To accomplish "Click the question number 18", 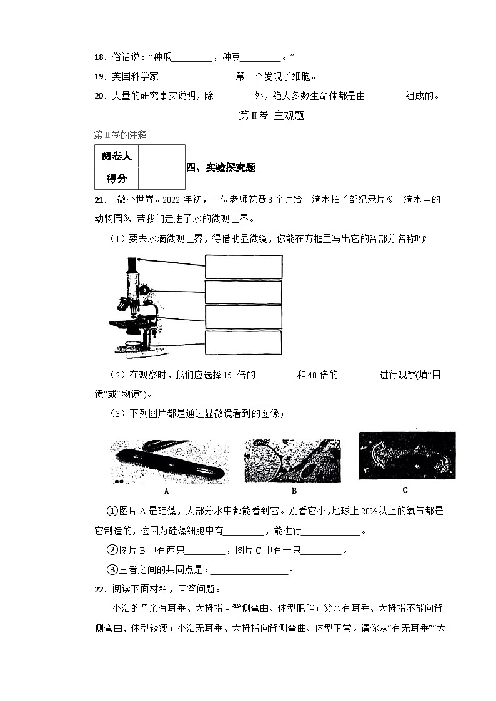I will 99,57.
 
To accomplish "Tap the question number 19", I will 99,77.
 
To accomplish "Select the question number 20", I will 99,96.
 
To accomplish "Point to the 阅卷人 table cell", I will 116,156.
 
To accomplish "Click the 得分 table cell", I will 116,179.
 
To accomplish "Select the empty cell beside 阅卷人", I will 161,156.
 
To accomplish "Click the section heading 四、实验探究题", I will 221,167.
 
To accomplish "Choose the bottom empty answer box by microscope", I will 243,342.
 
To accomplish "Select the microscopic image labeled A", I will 166,462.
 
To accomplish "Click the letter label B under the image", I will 294,491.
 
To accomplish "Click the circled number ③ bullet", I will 113,569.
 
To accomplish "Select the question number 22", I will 99,589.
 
